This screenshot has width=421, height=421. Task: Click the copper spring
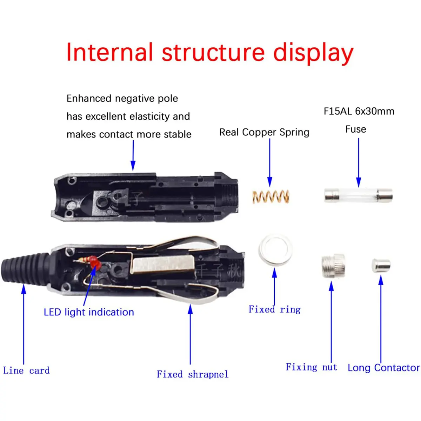pos(271,197)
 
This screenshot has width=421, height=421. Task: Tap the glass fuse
pos(358,195)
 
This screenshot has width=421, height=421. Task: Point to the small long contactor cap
pos(381,266)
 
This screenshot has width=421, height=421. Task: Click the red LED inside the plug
pos(94,261)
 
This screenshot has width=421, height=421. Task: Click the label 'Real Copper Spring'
pos(264,132)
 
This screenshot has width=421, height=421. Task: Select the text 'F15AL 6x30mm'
pos(359,111)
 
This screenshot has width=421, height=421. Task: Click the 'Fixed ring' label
pos(274,309)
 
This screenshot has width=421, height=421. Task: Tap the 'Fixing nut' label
pos(311,367)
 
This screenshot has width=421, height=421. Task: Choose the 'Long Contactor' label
pos(383,368)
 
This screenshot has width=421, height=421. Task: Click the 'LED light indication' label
pos(89,312)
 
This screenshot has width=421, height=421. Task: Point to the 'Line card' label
pos(26,370)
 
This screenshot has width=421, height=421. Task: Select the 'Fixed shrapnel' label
pos(192,374)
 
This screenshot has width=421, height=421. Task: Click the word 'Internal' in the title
pos(109,53)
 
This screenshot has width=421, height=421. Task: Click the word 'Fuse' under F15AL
pos(355,129)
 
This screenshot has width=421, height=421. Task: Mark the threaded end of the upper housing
pos(232,195)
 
